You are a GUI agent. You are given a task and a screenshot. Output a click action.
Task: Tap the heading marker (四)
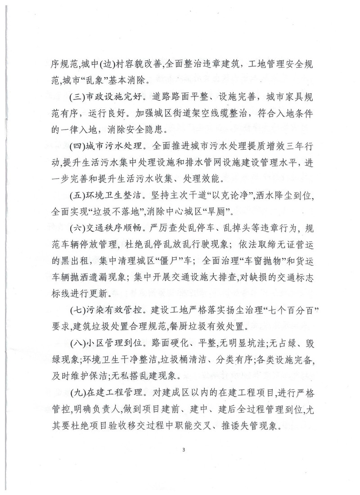tap(74, 146)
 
